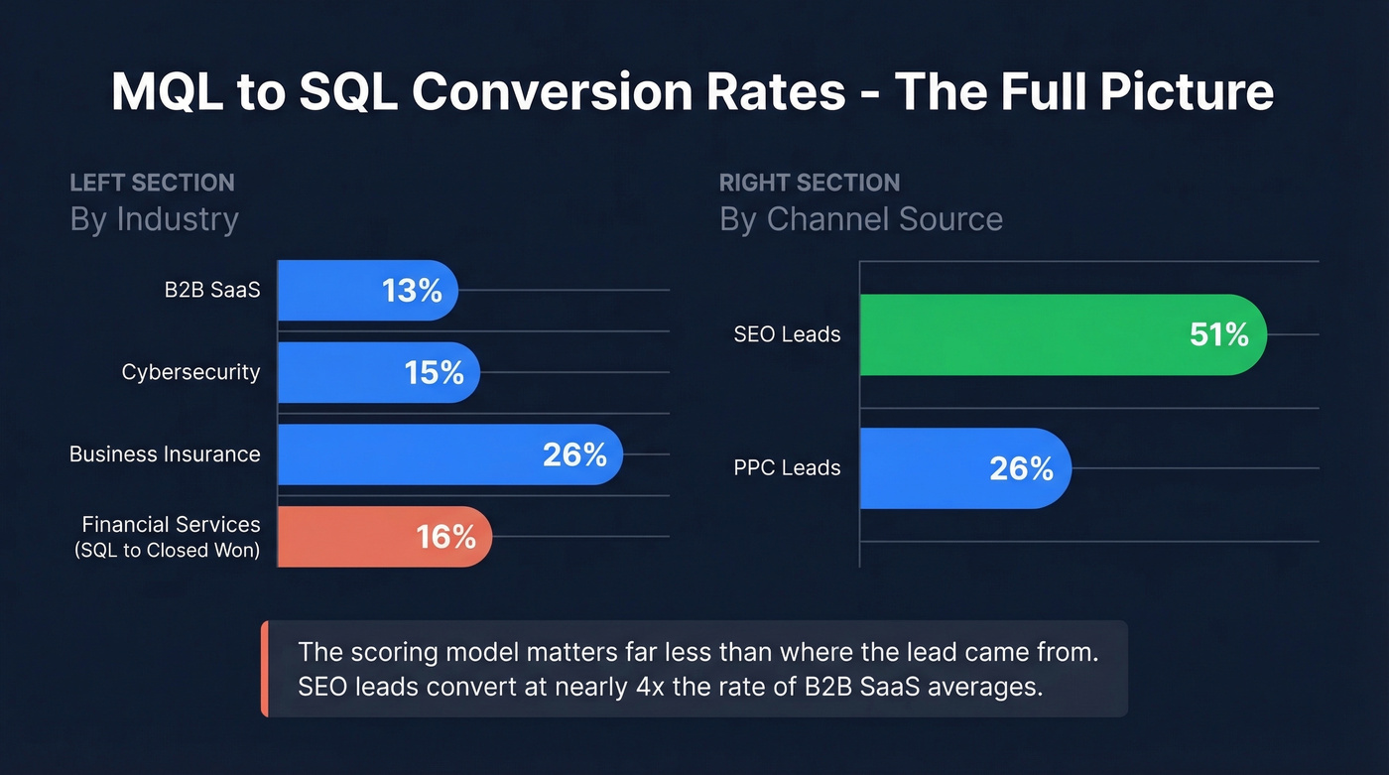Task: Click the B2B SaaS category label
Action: pyautogui.click(x=212, y=291)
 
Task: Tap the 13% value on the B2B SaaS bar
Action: pyautogui.click(x=412, y=291)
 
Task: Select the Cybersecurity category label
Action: pyautogui.click(x=190, y=372)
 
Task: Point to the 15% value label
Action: pyautogui.click(x=434, y=373)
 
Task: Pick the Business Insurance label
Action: pyautogui.click(x=165, y=454)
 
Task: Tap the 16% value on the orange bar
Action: pyautogui.click(x=445, y=537)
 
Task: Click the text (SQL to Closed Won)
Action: pyautogui.click(x=167, y=551)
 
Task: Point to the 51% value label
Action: pyautogui.click(x=1218, y=334)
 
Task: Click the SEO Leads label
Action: pyautogui.click(x=787, y=334)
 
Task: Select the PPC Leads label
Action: pyautogui.click(x=787, y=468)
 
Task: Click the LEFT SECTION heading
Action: pyautogui.click(x=152, y=183)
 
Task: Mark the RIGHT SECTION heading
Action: pyautogui.click(x=809, y=183)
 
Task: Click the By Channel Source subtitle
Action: pyautogui.click(x=860, y=219)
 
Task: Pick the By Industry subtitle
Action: pyautogui.click(x=154, y=219)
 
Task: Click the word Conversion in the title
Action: pyautogui.click(x=628, y=92)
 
